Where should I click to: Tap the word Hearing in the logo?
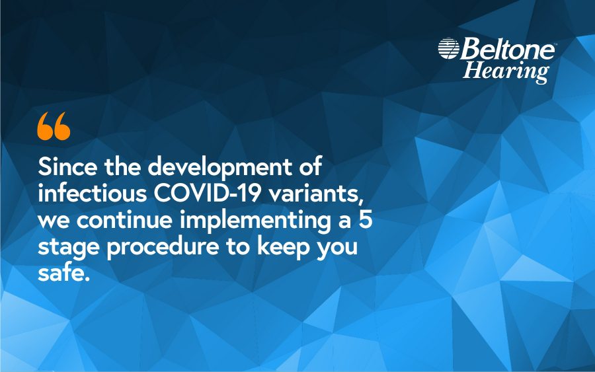point(506,70)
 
